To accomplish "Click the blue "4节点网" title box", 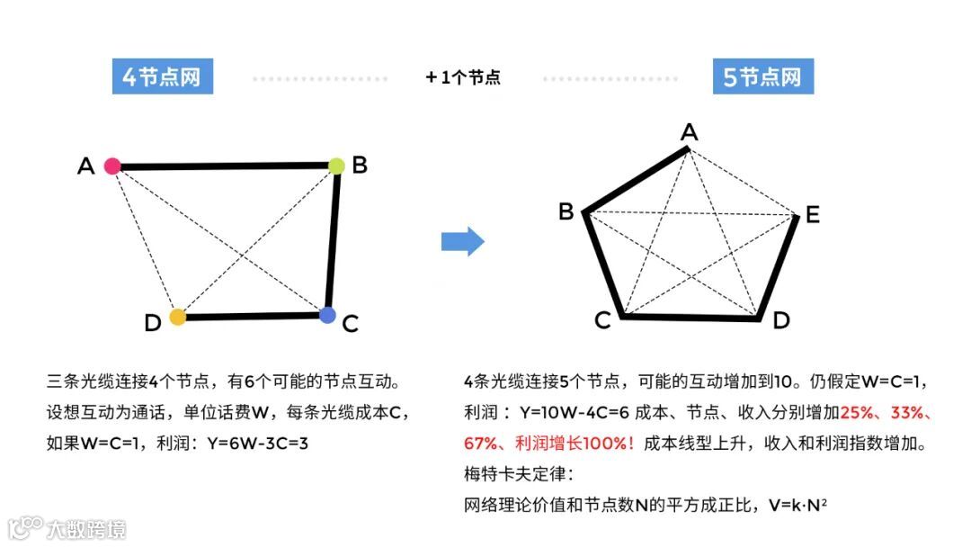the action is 162,76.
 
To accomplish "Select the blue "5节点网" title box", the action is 762,76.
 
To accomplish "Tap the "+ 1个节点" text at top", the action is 463,77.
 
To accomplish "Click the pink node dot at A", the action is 112,166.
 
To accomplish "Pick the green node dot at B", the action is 336,166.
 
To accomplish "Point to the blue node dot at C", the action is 327,315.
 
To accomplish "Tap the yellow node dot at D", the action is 178,317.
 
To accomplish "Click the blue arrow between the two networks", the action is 463,241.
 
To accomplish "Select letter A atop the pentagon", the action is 689,132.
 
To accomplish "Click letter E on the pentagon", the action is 812,215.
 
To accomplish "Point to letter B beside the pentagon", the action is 566,211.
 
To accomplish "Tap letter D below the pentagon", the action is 781,320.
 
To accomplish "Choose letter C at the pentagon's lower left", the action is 603,320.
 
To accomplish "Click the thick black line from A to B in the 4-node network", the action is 225,166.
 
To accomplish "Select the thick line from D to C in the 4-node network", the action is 252,316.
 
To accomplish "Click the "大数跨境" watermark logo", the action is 67,527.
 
